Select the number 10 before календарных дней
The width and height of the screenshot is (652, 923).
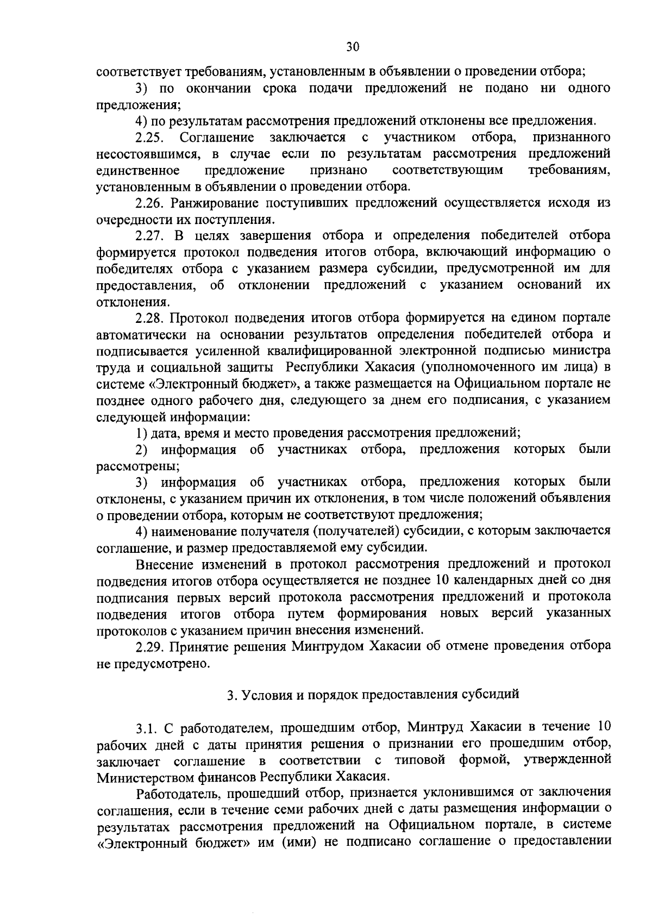tap(443, 580)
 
